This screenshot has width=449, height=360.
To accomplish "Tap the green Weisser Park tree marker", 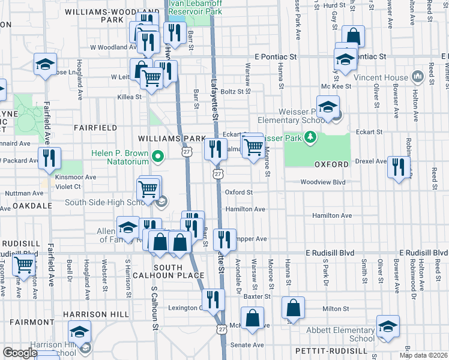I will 310,139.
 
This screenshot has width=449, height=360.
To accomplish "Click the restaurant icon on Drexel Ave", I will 399,167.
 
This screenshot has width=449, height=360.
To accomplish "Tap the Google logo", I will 20,353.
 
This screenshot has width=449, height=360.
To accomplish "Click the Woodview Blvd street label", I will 323,182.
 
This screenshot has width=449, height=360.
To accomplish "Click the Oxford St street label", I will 238,192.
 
